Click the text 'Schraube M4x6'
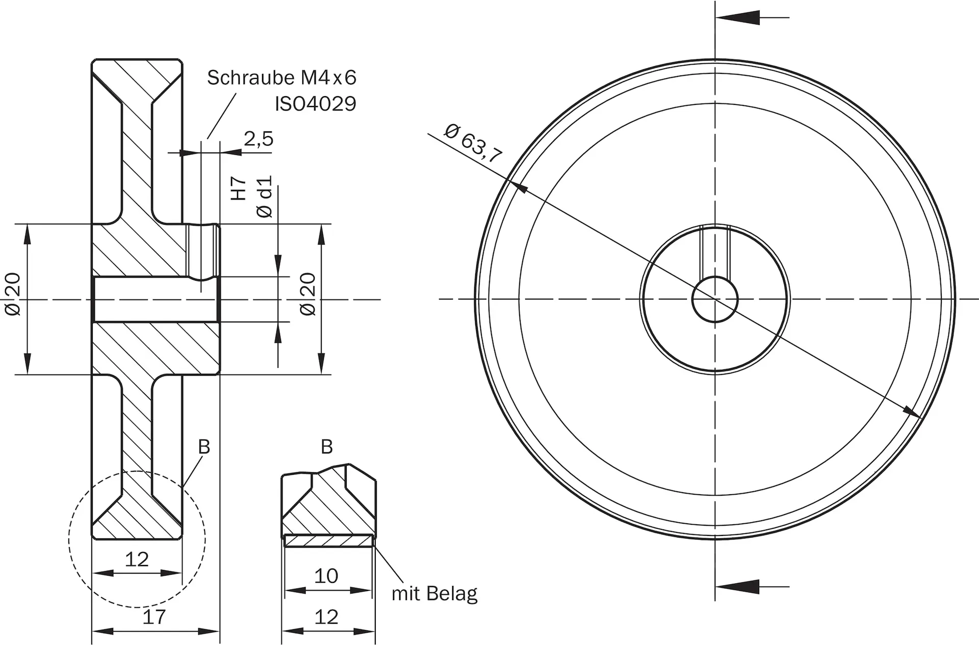click(x=281, y=77)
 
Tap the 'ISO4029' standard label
click(x=316, y=104)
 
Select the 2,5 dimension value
click(x=259, y=139)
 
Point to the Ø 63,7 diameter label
click(x=473, y=143)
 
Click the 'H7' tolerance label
click(x=239, y=189)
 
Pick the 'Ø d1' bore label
click(x=265, y=197)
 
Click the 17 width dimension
click(x=154, y=617)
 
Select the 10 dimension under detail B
click(x=326, y=576)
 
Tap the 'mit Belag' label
click(x=434, y=594)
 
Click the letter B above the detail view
click(x=327, y=447)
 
